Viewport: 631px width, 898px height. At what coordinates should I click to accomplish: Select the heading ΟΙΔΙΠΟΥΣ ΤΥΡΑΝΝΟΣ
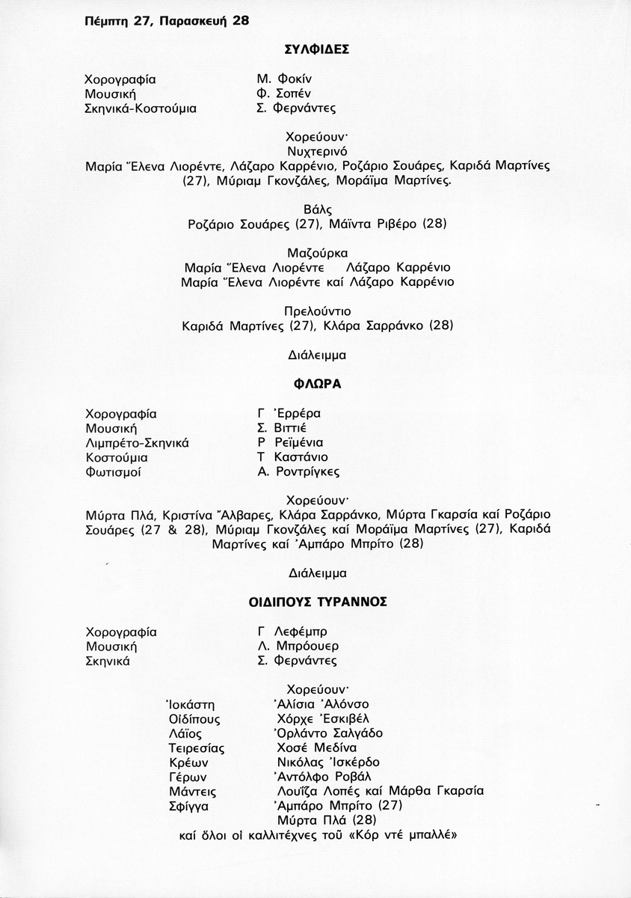318,601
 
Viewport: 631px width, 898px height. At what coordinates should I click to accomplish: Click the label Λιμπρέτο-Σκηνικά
138,442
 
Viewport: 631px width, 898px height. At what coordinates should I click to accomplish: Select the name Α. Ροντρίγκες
298,472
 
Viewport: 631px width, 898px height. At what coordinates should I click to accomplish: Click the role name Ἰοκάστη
191,704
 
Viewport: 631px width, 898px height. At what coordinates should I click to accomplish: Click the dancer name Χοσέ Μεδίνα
316,748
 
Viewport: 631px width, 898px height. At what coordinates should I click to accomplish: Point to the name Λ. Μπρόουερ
298,646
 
